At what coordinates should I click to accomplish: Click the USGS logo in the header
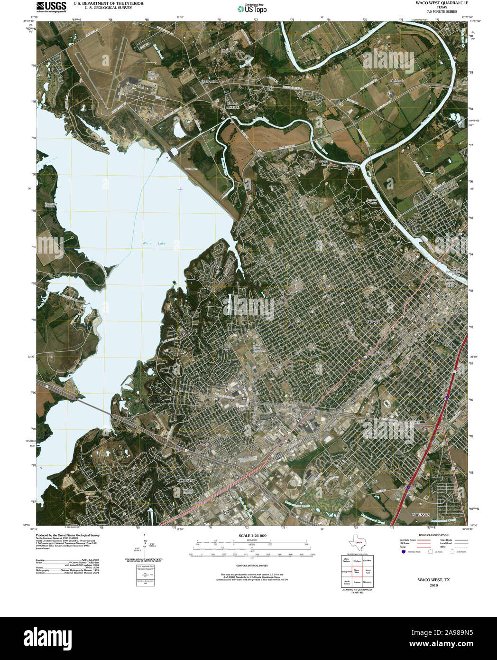tap(52, 6)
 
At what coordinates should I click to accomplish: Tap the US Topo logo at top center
tap(252, 9)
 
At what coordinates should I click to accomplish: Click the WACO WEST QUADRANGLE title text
tap(434, 3)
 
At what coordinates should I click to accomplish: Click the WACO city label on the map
tap(374, 322)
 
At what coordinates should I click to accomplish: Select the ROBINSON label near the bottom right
tap(420, 515)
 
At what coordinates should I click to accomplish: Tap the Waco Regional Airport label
tap(153, 75)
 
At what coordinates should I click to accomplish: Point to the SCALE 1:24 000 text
tap(252, 536)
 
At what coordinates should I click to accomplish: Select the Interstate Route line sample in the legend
tap(423, 540)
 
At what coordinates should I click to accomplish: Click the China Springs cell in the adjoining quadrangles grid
tap(346, 560)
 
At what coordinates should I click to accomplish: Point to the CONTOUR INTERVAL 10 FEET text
tap(252, 566)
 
